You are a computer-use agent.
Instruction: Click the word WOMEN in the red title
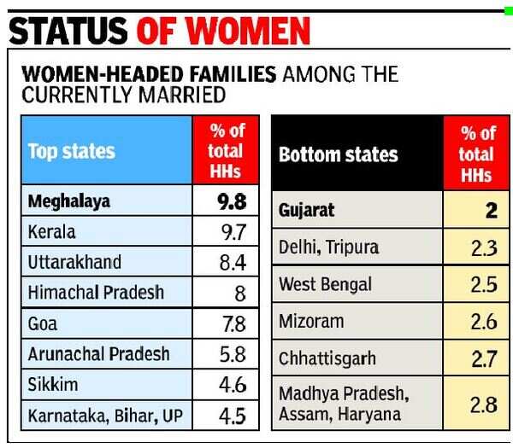(248, 31)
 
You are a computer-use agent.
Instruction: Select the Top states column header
(71, 152)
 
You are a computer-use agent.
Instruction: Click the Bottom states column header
(338, 154)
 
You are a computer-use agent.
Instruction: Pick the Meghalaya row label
(70, 202)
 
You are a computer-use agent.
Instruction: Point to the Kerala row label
(52, 232)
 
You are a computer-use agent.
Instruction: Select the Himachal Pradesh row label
(96, 292)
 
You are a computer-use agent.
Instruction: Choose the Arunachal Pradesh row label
(98, 353)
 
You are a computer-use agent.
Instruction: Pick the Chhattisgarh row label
(327, 358)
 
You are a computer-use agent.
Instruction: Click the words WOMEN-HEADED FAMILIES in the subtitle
(149, 74)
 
